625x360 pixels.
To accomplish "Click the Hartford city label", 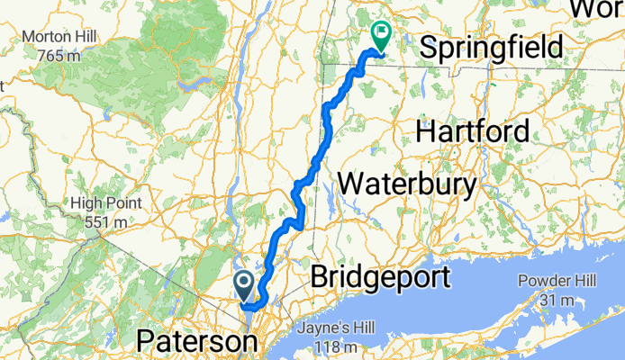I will (472, 132).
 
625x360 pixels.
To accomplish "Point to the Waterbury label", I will (407, 184).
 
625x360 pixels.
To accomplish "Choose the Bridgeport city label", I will (379, 277).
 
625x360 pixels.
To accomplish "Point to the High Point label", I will (107, 203).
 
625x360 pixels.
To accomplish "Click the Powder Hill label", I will (555, 281).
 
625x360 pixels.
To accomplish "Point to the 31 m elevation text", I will (554, 298).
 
